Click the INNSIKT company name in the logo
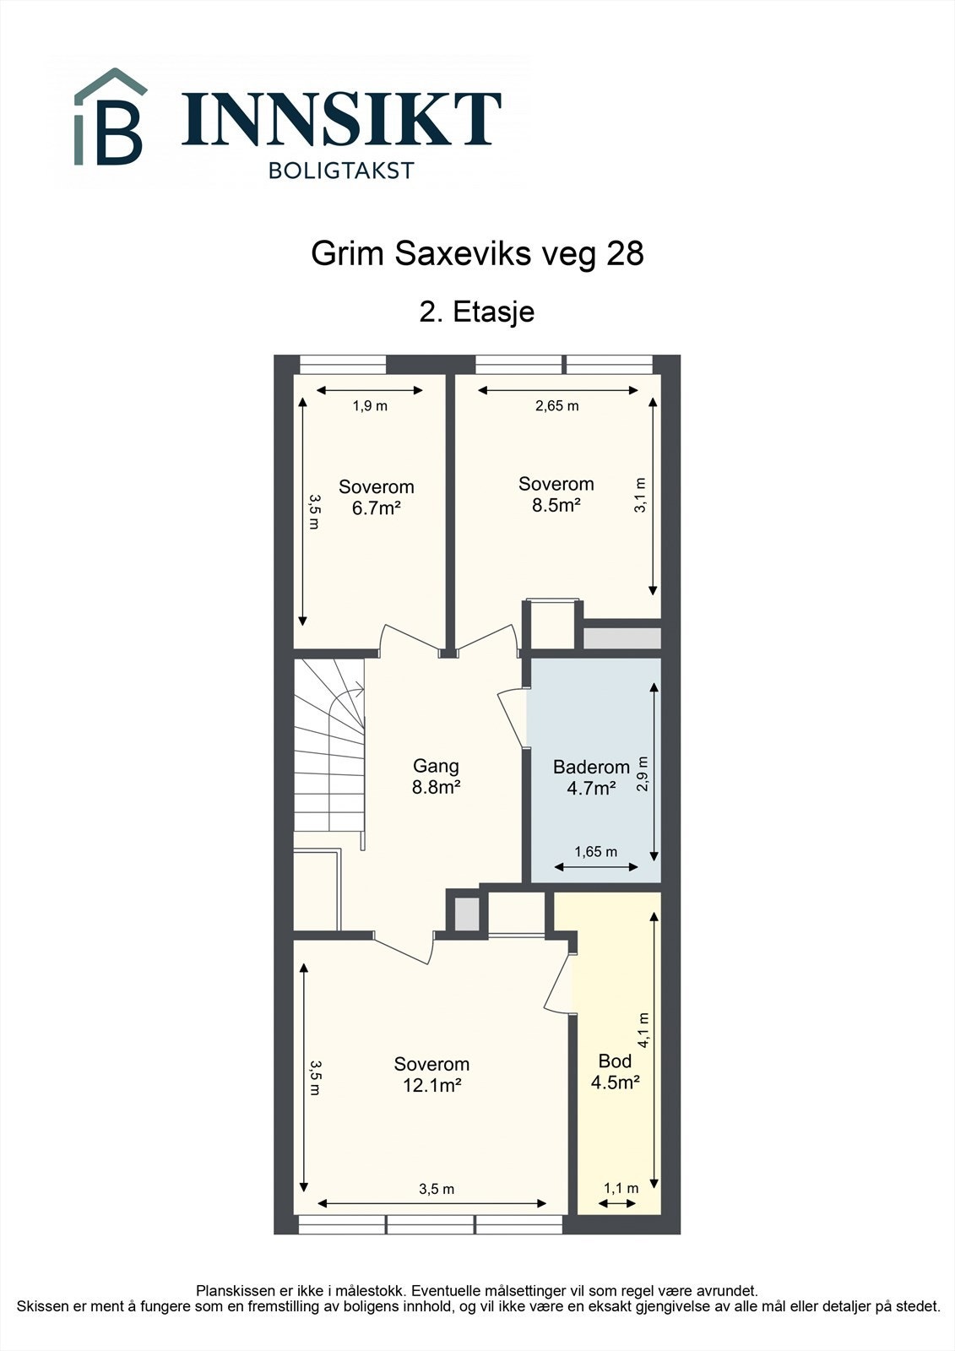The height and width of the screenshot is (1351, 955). [x=341, y=119]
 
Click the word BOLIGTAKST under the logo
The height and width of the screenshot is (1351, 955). [x=341, y=171]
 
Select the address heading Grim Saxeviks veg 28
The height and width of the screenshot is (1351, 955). [x=477, y=253]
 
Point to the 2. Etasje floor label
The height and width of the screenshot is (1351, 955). [x=477, y=312]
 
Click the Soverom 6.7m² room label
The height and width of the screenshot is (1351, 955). [x=377, y=497]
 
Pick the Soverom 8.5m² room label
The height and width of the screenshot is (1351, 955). [x=556, y=495]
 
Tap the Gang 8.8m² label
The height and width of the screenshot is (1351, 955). [x=436, y=777]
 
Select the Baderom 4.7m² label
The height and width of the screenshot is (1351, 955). [x=591, y=778]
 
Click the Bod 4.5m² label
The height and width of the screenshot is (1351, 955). [x=615, y=1072]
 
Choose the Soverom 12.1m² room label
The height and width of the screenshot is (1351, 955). [x=431, y=1075]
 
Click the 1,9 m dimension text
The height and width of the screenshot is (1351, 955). [x=370, y=406]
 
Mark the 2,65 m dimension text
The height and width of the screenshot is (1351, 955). [x=557, y=406]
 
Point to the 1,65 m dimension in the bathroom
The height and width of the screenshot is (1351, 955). [x=595, y=852]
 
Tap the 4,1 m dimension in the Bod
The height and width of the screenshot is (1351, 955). [x=643, y=1030]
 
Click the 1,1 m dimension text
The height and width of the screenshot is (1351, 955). [x=621, y=1189]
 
